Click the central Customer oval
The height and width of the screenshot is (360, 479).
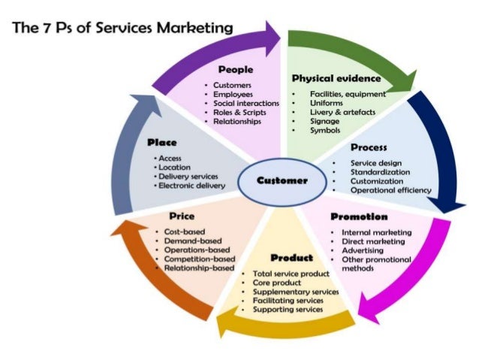(x=282, y=180)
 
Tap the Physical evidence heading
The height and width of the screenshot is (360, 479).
(x=336, y=78)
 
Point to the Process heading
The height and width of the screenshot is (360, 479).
(x=368, y=148)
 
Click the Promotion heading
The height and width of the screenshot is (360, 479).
(x=359, y=216)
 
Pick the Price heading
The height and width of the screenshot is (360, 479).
(x=182, y=216)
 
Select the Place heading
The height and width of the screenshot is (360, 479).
(x=162, y=141)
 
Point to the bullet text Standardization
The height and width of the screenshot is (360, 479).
(x=381, y=172)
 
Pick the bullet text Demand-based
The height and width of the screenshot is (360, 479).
(x=194, y=241)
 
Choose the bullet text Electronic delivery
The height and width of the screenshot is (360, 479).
(x=191, y=185)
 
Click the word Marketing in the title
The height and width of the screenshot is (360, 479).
(x=194, y=29)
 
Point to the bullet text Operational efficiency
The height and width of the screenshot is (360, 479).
(x=390, y=190)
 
